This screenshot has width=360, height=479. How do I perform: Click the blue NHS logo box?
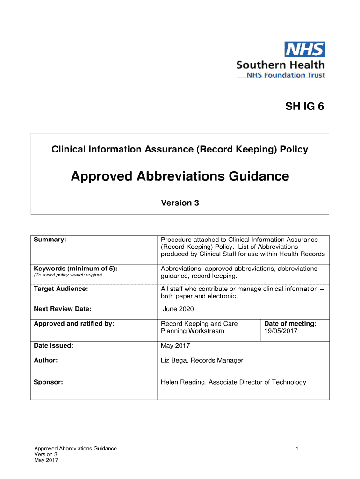305,50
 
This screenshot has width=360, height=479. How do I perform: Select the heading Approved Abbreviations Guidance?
180,176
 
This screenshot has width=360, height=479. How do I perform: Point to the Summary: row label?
50,239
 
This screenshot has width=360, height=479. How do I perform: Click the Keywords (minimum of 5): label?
75,269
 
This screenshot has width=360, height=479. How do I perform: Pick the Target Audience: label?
61,289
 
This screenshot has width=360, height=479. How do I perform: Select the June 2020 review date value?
178,309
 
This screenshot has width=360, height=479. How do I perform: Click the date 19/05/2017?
281,331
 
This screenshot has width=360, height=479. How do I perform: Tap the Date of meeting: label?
290,324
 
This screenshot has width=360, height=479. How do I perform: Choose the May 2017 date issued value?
175,346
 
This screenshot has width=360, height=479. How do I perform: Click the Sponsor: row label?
49,382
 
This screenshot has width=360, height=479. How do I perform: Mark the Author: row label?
46,360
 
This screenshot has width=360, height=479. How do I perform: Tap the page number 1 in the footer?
297,449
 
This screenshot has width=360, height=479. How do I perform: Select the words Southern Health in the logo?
280,65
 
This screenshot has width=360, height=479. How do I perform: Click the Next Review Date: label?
63,309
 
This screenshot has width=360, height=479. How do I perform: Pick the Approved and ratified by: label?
74,324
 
